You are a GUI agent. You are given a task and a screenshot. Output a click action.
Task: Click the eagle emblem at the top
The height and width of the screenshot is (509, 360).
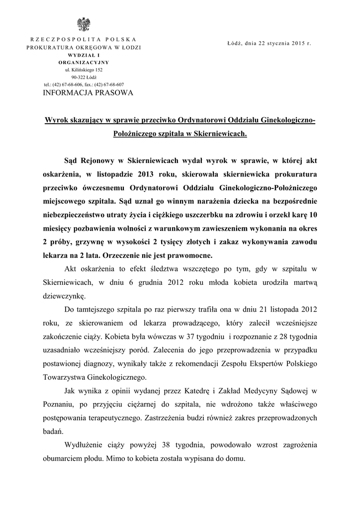(83, 24)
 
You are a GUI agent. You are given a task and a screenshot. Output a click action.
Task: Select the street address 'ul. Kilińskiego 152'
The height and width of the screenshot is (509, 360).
(84, 70)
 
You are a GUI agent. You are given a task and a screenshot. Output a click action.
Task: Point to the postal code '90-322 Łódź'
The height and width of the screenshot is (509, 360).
(84, 78)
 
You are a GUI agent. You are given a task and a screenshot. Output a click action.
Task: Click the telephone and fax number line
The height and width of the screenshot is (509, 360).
(84, 85)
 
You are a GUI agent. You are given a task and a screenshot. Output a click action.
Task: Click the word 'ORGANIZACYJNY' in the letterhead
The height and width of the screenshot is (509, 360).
(84, 63)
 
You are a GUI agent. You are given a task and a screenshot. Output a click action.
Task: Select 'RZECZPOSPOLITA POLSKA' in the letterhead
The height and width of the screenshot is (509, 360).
(84, 39)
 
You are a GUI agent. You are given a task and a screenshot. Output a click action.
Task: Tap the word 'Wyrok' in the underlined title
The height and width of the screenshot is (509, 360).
(56, 120)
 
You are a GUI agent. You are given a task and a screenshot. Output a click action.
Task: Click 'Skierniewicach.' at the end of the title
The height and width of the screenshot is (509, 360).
(222, 134)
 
